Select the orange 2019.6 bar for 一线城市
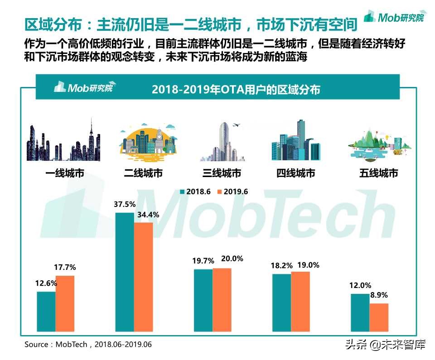tap(65, 302)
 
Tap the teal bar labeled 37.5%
tap(125, 271)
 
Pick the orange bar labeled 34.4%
tap(143, 276)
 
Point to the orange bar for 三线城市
tap(222, 299)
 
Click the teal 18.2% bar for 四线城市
tap(281, 302)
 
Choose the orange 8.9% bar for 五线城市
tap(379, 317)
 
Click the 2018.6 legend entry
tap(196, 192)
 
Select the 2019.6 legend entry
tap(233, 192)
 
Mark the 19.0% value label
tap(308, 265)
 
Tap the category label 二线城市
tap(143, 173)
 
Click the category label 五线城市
tap(378, 173)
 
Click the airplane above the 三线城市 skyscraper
tap(236, 125)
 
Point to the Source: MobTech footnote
tap(88, 345)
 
